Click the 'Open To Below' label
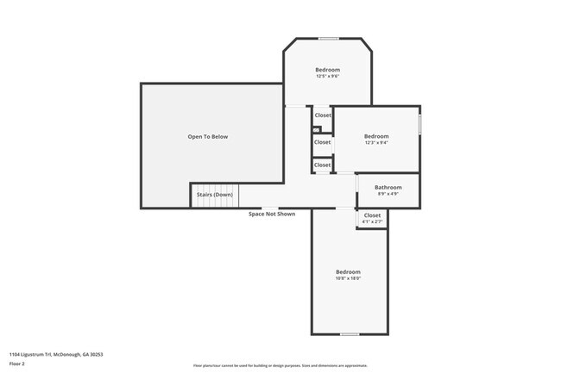[208, 137]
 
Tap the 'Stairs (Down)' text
[214, 195]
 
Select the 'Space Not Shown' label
[272, 214]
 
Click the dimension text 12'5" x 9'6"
[327, 77]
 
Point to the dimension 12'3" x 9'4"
[376, 143]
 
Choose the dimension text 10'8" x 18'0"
[348, 278]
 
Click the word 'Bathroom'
[388, 187]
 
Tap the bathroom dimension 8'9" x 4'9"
[388, 194]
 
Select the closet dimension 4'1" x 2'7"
[372, 222]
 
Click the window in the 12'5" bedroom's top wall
[328, 39]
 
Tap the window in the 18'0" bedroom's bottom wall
[349, 333]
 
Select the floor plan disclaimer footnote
[280, 366]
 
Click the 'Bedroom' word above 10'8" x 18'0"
[348, 271]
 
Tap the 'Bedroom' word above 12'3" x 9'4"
[376, 136]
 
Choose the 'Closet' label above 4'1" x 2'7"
[372, 215]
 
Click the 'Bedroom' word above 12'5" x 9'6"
[327, 70]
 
